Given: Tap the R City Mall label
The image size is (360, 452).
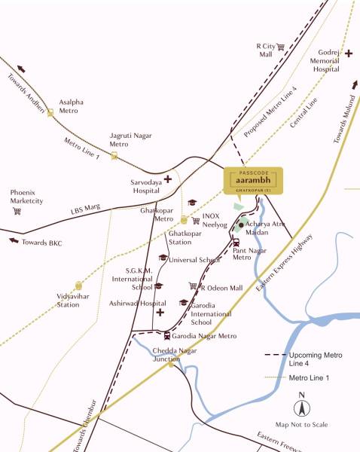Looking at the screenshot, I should pos(265,50).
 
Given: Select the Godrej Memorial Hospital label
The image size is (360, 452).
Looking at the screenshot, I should pos(326,59).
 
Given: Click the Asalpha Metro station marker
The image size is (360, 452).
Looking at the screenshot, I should pos(50,112).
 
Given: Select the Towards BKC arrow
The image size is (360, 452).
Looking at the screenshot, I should pos(13,241).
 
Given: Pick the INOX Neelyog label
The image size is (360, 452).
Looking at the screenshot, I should pos(215,220).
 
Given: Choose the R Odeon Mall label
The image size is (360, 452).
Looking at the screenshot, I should pos(221,287).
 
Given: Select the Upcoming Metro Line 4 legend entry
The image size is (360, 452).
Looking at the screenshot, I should pos(309,358).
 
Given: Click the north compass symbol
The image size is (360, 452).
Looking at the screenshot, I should pos(301,408).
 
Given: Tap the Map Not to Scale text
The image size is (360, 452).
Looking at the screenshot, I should pos(301,426).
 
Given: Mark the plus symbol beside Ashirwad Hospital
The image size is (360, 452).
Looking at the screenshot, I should pos(160,312).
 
